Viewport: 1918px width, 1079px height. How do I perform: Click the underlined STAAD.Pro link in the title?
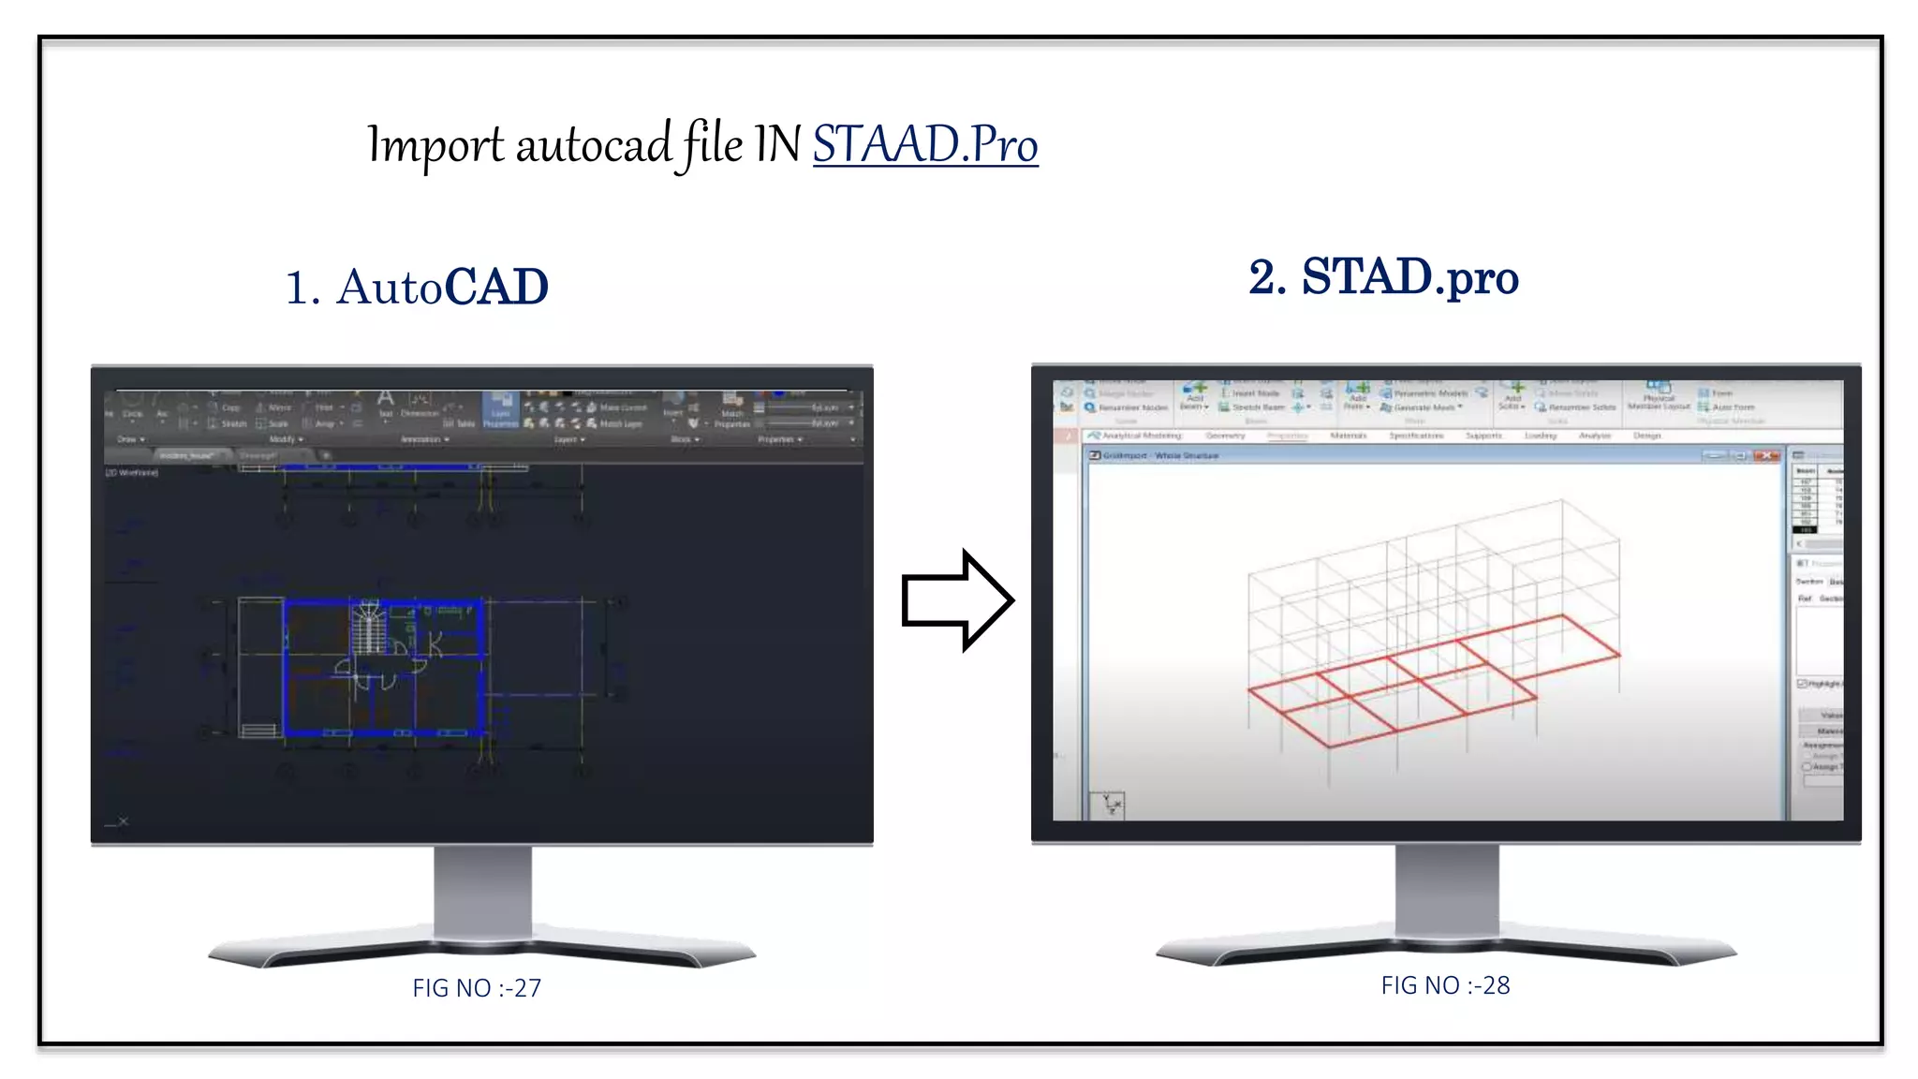click(x=924, y=145)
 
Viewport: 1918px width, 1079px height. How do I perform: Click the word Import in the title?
click(x=435, y=146)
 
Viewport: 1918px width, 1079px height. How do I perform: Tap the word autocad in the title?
click(x=593, y=146)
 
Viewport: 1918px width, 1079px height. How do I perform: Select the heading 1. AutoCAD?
click(x=417, y=287)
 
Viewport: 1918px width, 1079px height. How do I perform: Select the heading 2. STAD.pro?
click(x=1383, y=277)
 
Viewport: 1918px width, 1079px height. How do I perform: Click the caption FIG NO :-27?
click(x=477, y=988)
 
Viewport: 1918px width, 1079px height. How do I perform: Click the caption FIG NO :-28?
click(x=1445, y=985)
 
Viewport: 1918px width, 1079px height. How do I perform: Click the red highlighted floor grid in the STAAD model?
click(x=1433, y=680)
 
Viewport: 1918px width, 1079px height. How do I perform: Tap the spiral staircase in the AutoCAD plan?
click(x=369, y=627)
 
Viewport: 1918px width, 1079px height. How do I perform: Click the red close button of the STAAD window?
click(x=1766, y=455)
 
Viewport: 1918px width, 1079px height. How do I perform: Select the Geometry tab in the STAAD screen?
click(x=1225, y=436)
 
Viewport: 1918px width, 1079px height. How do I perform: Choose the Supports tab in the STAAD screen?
click(x=1483, y=436)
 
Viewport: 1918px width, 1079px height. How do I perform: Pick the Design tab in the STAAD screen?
click(x=1646, y=436)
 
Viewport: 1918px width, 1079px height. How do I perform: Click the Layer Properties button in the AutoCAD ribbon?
click(x=501, y=409)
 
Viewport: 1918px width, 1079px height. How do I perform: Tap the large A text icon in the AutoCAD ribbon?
click(x=385, y=399)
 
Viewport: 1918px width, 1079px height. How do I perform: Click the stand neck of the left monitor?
click(x=482, y=890)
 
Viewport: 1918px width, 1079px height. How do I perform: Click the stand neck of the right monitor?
click(x=1446, y=890)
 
